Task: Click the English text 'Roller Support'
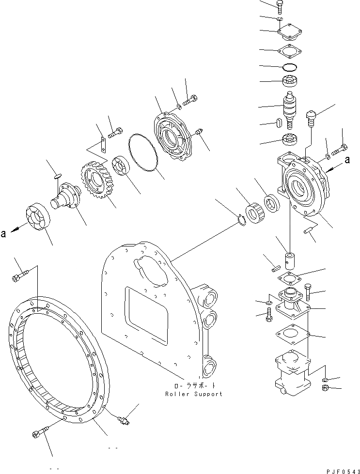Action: click(193, 394)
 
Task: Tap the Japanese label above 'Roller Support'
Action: click(193, 386)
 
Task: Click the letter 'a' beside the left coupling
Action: click(4, 233)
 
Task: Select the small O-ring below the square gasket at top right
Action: click(291, 66)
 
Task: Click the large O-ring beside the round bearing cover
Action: click(143, 153)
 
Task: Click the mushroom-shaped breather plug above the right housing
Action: click(311, 118)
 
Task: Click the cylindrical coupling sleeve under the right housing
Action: click(290, 260)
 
